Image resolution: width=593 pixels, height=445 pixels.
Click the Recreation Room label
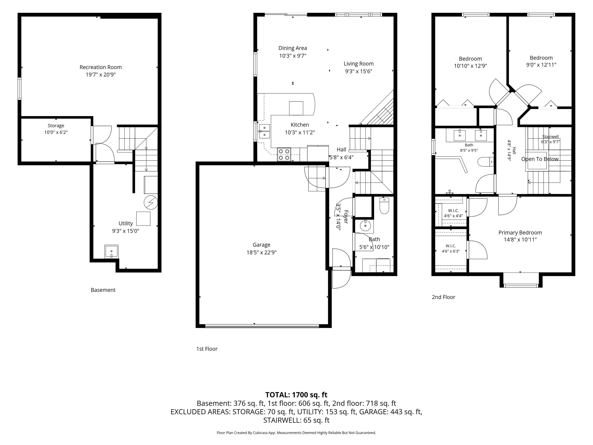pyautogui.click(x=101, y=67)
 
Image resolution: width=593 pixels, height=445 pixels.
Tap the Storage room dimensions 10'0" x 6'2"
pyautogui.click(x=56, y=132)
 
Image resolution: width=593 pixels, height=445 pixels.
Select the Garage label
pyautogui.click(x=261, y=245)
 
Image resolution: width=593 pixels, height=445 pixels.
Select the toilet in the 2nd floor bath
pyautogui.click(x=486, y=162)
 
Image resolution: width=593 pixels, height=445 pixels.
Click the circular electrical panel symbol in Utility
pyautogui.click(x=151, y=203)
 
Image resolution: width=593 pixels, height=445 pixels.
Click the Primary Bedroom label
pyautogui.click(x=520, y=233)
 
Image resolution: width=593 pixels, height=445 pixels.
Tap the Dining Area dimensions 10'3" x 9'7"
pyautogui.click(x=293, y=56)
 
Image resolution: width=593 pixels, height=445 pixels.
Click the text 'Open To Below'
pyautogui.click(x=540, y=159)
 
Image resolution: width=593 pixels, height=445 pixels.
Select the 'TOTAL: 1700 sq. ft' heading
pyautogui.click(x=296, y=395)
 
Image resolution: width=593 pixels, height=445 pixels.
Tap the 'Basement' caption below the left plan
pyautogui.click(x=103, y=290)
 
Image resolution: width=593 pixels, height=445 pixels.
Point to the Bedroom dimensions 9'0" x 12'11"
pyautogui.click(x=541, y=65)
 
